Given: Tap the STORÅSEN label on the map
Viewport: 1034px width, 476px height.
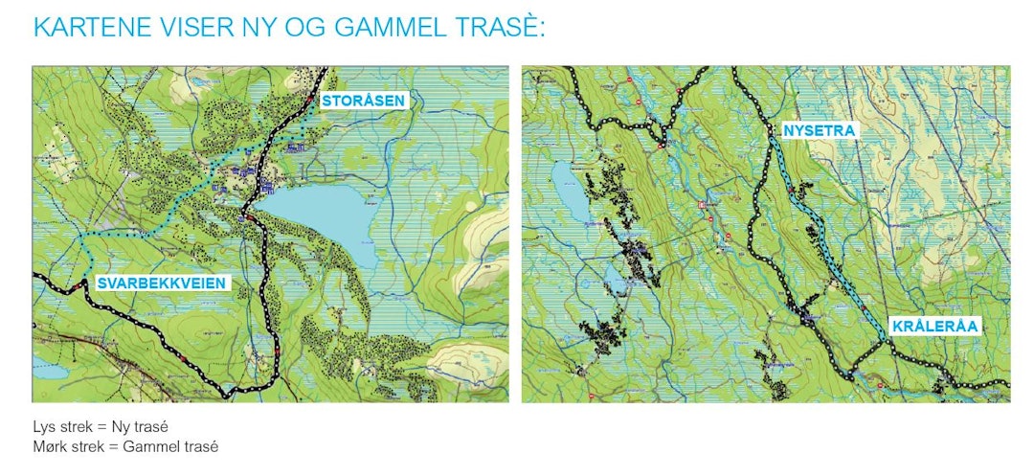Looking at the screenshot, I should coord(364,101).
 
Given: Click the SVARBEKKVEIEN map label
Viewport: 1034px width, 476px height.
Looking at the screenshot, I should coord(162,283).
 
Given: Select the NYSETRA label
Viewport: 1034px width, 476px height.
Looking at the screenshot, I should coord(819,129).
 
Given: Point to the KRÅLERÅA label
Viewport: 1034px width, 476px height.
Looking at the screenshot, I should coord(934,327).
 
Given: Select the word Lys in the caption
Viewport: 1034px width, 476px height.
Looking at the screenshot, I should coord(43,426).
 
